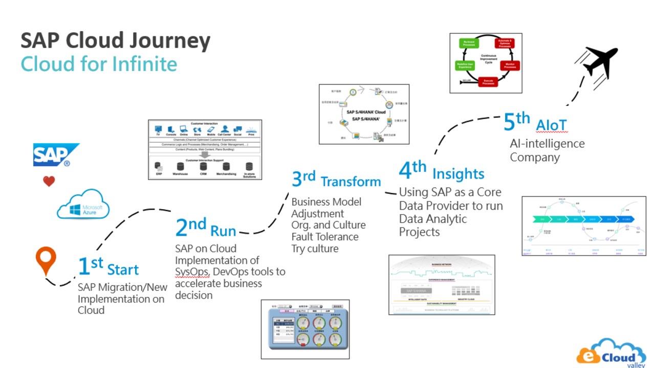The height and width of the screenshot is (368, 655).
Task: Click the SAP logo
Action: click(x=56, y=154)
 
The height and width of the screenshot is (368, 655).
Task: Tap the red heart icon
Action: click(x=49, y=181)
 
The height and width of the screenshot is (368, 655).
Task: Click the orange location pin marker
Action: click(x=46, y=261)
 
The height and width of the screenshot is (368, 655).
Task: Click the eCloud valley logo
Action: click(x=612, y=352)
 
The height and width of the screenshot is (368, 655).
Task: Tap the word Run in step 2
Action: click(x=223, y=231)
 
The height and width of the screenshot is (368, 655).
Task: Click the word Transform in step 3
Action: click(x=351, y=181)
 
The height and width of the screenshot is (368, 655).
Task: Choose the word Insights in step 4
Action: click(x=458, y=174)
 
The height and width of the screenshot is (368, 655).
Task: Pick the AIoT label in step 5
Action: click(x=551, y=125)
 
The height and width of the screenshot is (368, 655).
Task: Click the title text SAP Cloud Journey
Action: click(x=115, y=41)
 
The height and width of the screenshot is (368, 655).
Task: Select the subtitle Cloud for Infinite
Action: click(x=99, y=64)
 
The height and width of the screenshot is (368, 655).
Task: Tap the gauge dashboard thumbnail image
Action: click(x=305, y=329)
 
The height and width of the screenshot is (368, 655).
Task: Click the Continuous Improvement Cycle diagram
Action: click(x=486, y=63)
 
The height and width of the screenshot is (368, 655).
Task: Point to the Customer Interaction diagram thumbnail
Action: click(x=205, y=149)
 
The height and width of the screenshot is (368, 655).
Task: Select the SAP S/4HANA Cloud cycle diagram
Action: click(x=364, y=113)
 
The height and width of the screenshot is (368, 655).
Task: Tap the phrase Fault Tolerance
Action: click(x=325, y=237)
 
